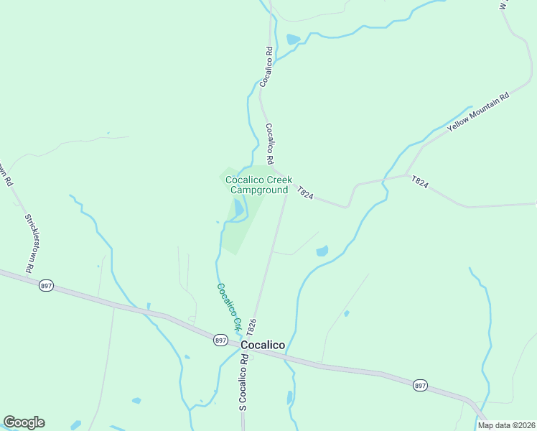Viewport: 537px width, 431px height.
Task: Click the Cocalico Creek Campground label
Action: tap(258, 185)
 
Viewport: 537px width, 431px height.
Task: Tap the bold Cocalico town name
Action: tap(263, 345)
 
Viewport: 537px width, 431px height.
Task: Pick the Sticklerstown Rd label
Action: tap(29, 242)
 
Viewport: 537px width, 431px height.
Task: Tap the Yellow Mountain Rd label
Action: tap(478, 111)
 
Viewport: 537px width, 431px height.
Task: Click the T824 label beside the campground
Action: tap(306, 193)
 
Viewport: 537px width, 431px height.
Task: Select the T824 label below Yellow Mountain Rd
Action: tap(420, 183)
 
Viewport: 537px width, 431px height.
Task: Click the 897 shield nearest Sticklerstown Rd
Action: tap(47, 285)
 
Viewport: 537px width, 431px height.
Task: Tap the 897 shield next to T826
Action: tap(220, 340)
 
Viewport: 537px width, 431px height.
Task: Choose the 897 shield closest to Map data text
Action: tap(420, 386)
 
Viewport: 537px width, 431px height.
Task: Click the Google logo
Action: tap(24, 422)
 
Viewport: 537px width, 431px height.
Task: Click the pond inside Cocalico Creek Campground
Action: tap(236, 208)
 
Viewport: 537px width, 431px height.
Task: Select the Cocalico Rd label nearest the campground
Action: tap(271, 143)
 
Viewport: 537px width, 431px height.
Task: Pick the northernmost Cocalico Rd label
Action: tap(265, 68)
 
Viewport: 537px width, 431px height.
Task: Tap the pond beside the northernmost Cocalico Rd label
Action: tap(293, 40)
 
